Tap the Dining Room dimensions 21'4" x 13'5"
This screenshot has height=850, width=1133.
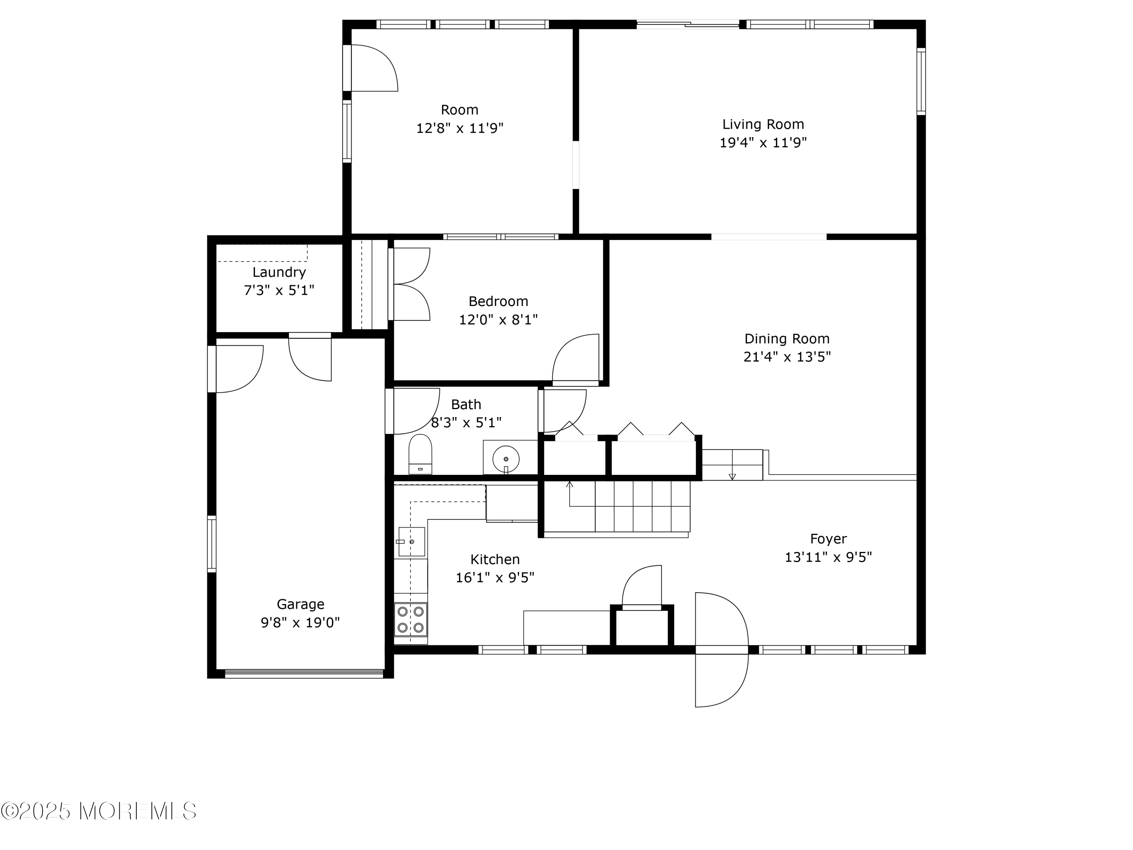[787, 357]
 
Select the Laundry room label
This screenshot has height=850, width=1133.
[279, 273]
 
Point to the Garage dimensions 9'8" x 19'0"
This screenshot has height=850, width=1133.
[301, 623]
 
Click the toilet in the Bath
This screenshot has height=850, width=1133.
[420, 454]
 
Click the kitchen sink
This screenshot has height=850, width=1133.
[412, 542]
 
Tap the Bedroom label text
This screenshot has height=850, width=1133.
[499, 301]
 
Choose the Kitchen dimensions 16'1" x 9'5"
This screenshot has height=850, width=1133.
[495, 577]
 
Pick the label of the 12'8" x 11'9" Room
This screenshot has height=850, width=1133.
[460, 110]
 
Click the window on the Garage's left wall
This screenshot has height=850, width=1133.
[211, 544]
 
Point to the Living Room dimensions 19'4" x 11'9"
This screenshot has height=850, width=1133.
[763, 142]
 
